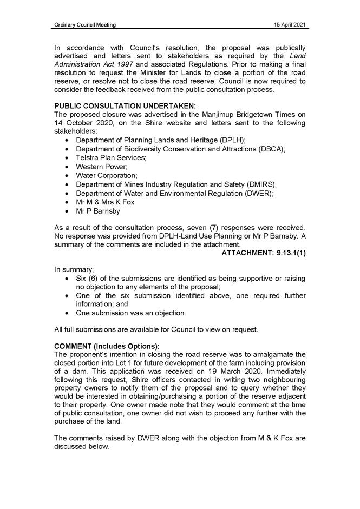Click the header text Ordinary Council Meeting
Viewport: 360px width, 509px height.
click(85, 25)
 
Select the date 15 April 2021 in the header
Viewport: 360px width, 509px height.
click(290, 25)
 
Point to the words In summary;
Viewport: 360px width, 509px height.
click(74, 268)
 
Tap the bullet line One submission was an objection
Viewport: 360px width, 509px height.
click(131, 313)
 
